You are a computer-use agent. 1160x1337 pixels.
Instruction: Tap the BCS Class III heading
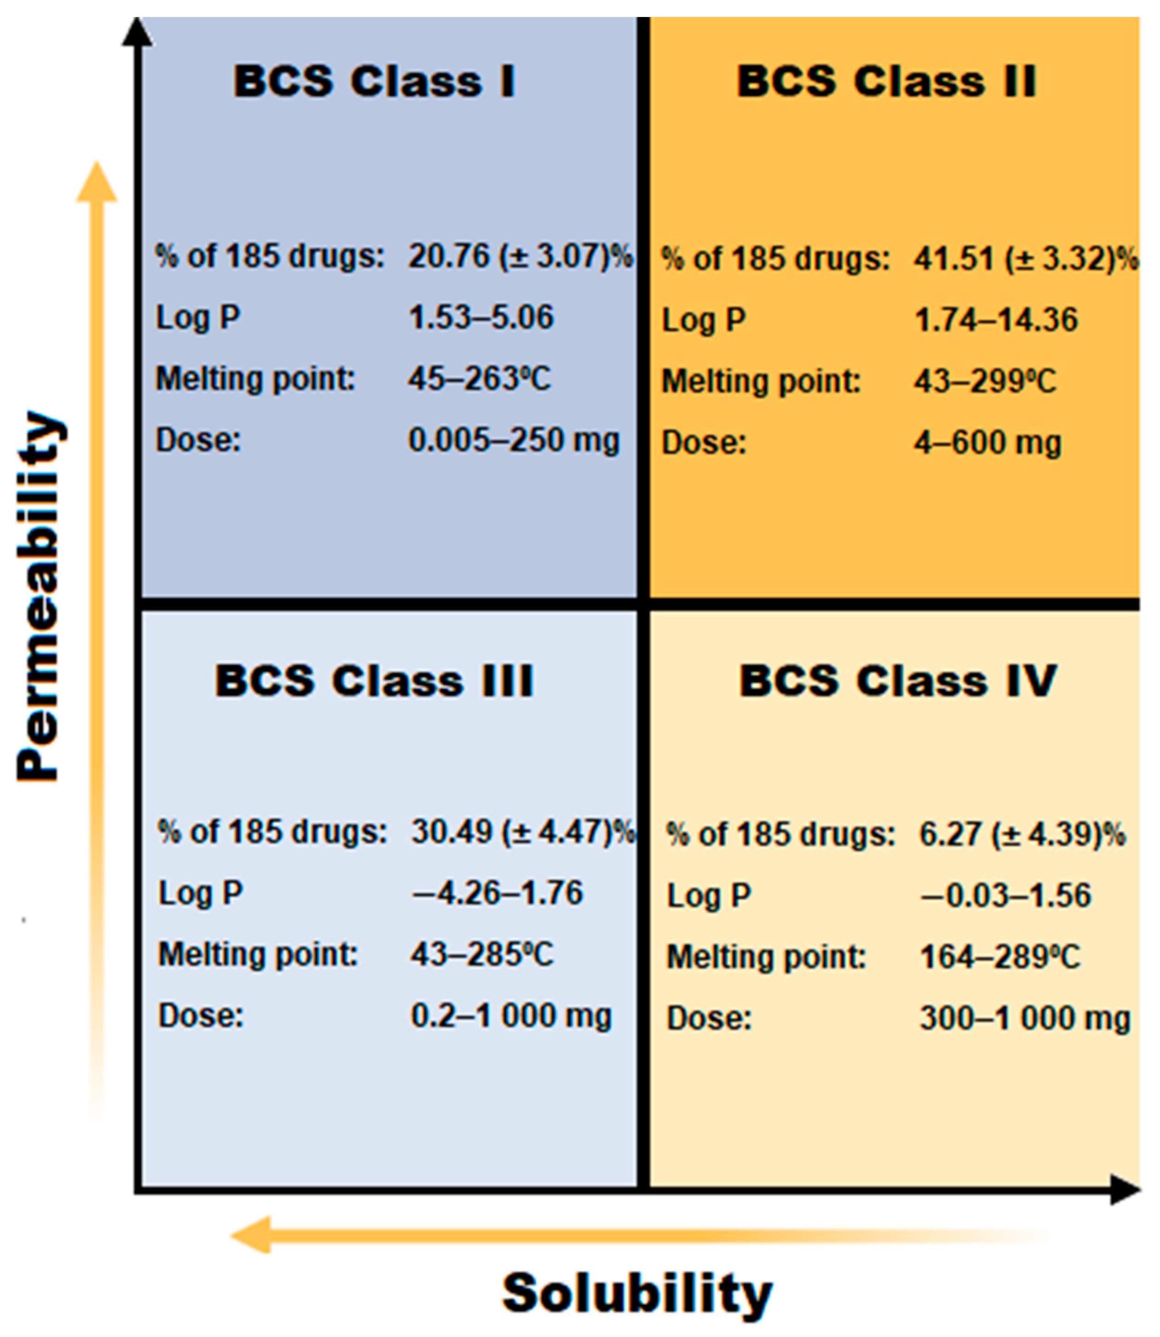tap(374, 681)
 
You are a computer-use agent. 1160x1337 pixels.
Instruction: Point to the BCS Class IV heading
tap(898, 681)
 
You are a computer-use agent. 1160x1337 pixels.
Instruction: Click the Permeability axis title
tap(40, 596)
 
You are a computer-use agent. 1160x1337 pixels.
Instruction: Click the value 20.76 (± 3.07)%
tap(520, 256)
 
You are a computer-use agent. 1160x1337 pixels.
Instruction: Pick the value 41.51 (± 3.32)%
tap(1026, 259)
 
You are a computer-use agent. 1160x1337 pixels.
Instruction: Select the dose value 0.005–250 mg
tap(514, 441)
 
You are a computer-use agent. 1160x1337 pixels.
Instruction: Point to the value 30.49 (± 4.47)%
tap(523, 832)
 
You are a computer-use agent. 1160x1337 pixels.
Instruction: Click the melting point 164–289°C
tap(1000, 957)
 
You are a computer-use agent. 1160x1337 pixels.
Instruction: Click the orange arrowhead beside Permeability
tap(97, 183)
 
